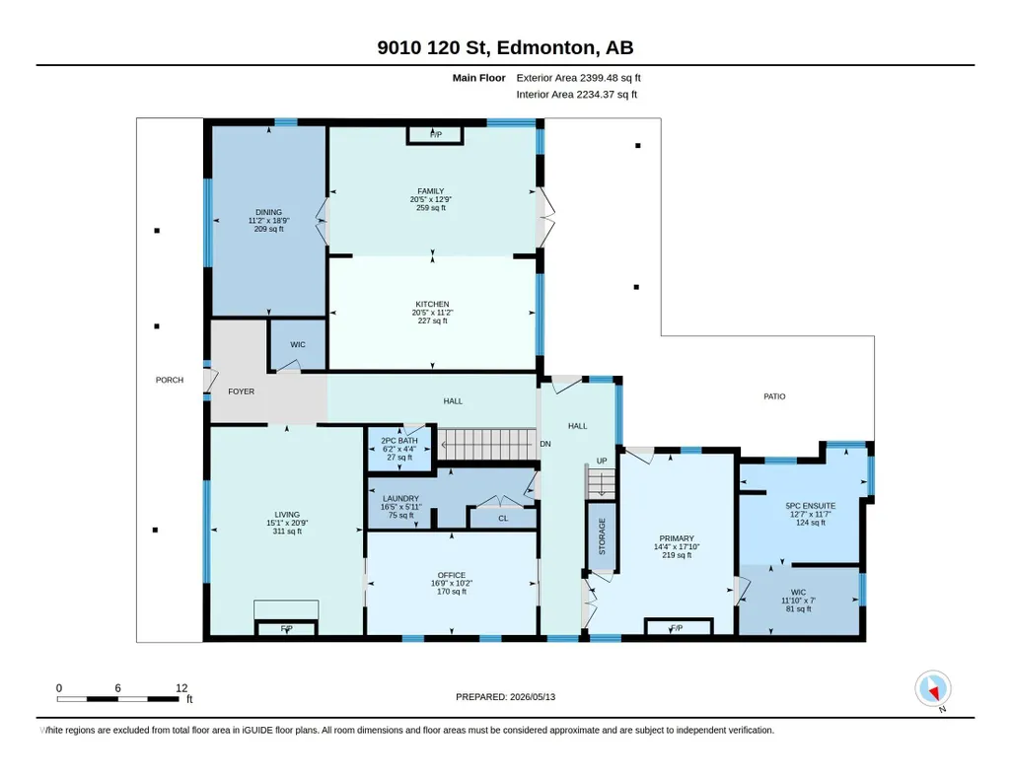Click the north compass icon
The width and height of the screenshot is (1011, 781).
(932, 689)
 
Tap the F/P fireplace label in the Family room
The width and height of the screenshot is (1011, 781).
(436, 135)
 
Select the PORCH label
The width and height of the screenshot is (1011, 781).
(170, 381)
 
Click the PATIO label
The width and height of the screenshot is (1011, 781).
(774, 397)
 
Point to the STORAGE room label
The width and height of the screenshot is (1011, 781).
(603, 536)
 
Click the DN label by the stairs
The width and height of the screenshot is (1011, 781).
(545, 444)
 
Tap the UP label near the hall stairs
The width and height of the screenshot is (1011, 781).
(602, 461)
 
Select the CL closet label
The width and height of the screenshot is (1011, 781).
(503, 519)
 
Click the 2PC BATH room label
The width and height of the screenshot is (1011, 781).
(399, 441)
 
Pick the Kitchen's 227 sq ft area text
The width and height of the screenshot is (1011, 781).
(432, 320)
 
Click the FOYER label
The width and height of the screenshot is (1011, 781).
(241, 391)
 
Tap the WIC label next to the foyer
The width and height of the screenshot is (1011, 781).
(298, 345)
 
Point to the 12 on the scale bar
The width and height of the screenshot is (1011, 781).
(181, 688)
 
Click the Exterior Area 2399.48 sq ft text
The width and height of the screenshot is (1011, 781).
(578, 78)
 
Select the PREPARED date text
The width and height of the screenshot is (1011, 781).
(505, 697)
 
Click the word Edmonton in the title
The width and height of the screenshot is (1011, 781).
(545, 47)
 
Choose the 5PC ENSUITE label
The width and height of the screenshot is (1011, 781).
(811, 507)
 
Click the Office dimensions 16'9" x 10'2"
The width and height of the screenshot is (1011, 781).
(452, 583)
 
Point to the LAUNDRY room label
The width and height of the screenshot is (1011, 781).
(400, 499)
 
